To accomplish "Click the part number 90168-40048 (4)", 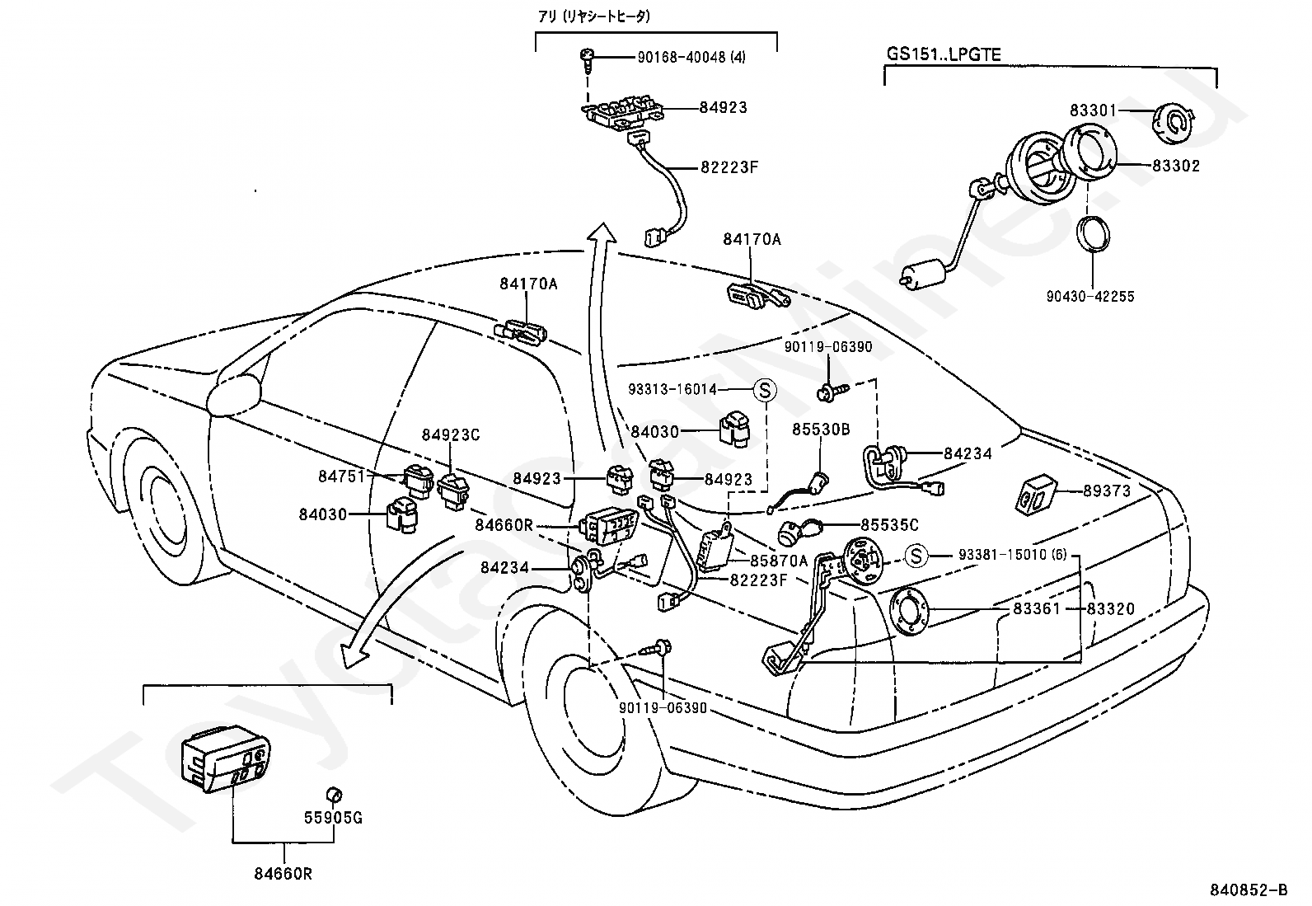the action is click(691, 58).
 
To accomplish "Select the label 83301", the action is click(1094, 110).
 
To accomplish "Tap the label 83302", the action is click(1176, 166).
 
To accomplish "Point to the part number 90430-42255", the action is click(1090, 297).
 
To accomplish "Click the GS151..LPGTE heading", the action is click(944, 54).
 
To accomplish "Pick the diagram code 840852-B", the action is click(1249, 890).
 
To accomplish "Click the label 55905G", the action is click(333, 818).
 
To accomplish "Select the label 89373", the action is click(1107, 491).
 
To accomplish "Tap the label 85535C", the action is click(890, 525).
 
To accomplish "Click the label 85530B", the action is click(821, 430).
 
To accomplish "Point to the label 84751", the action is click(342, 476).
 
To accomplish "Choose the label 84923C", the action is click(451, 434).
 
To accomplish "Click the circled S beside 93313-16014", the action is click(764, 389).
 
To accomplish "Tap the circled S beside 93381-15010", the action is click(916, 555).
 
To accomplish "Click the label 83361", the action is click(1037, 609).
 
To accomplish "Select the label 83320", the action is click(1111, 609).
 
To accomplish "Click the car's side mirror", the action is click(233, 393).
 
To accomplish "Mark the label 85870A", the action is click(779, 561).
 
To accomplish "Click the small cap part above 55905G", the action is click(334, 796).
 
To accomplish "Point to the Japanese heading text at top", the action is click(594, 16).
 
